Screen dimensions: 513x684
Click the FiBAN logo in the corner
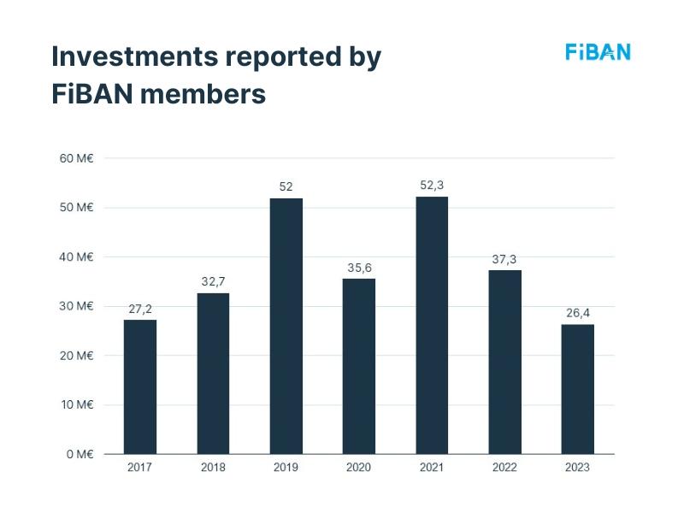point(598,52)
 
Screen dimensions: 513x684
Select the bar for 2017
point(140,386)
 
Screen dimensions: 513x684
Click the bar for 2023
point(578,389)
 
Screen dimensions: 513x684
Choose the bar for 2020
point(359,366)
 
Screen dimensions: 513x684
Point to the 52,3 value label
point(432,185)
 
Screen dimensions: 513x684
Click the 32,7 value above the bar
point(213,281)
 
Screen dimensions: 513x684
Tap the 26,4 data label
point(578,312)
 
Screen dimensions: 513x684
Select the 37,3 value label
point(504,259)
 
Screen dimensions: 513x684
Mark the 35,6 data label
point(359,268)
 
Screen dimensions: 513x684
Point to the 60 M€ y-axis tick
point(76,158)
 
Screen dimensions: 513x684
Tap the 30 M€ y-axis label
point(76,306)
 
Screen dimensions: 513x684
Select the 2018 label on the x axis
point(213,468)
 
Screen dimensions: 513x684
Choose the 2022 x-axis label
point(504,468)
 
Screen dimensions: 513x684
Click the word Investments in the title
point(133,56)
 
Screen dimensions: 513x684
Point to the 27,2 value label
point(140,309)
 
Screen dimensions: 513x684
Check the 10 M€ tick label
point(76,404)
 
